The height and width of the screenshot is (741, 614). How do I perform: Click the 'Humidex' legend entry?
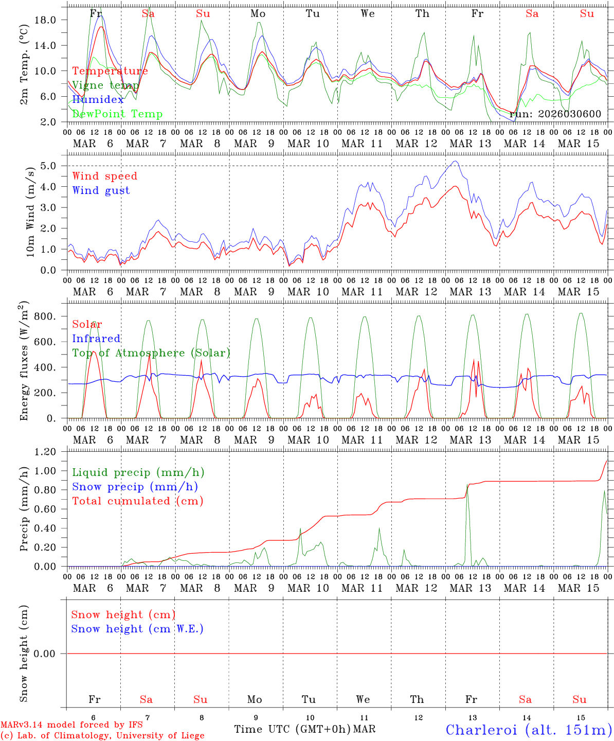click(x=98, y=100)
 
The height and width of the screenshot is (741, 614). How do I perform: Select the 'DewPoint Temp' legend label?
click(x=117, y=114)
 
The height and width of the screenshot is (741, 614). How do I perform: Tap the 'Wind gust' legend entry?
click(x=101, y=190)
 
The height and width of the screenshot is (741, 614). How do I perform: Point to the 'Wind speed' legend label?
click(x=105, y=176)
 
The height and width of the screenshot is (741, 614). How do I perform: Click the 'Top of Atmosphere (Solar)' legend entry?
click(x=151, y=353)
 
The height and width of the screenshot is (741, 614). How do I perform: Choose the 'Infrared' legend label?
click(x=96, y=339)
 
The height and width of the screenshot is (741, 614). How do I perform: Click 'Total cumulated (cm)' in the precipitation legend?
click(x=138, y=501)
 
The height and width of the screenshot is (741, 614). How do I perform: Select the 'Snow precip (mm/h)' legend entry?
click(x=135, y=487)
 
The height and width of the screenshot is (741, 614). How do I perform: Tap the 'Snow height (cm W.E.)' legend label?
click(x=137, y=629)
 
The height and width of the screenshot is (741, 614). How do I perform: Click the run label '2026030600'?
click(x=555, y=114)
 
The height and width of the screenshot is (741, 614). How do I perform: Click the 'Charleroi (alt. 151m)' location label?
click(x=529, y=729)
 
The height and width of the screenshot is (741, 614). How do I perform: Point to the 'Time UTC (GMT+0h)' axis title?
click(x=293, y=729)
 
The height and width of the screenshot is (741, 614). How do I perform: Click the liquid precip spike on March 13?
click(x=467, y=487)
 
